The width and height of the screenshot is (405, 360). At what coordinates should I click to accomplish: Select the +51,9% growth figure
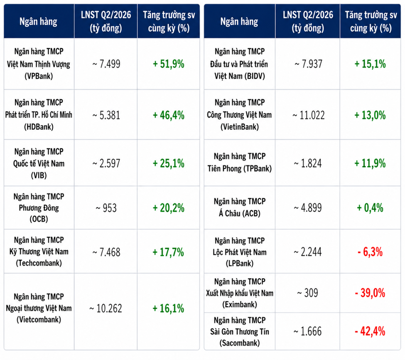click(168, 64)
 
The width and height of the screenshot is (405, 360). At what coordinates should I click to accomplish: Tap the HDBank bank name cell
click(39, 114)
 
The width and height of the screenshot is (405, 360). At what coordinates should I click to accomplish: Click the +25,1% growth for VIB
click(168, 163)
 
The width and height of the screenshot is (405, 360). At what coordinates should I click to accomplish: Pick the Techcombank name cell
click(39, 252)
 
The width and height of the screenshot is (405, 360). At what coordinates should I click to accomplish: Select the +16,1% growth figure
click(168, 308)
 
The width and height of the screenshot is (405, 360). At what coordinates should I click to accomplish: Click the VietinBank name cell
click(239, 114)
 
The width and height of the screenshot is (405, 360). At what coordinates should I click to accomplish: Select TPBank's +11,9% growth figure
click(370, 163)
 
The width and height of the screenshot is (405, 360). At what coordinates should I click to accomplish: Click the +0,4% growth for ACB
click(370, 208)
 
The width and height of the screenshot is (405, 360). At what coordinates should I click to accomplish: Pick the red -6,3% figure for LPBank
click(370, 252)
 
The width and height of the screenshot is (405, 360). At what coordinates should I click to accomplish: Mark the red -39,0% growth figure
click(370, 293)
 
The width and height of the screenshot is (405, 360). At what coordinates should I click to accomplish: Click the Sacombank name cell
click(239, 332)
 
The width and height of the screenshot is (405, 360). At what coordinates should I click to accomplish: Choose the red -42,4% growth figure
click(370, 331)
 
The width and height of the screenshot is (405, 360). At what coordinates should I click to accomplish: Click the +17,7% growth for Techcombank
click(168, 252)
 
